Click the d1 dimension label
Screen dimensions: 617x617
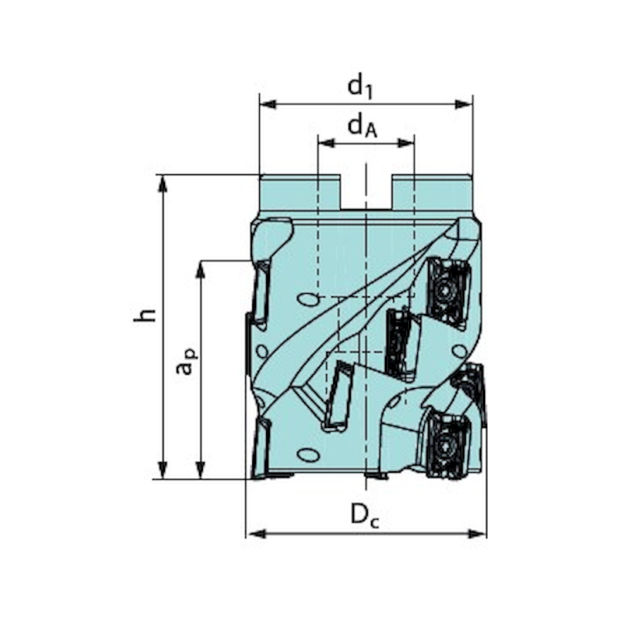pos(360,86)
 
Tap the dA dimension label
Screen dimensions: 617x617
pos(362,126)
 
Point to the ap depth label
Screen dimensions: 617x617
pos(185,362)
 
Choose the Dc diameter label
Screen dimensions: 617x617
pos(365,515)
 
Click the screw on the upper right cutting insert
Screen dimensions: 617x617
pos(446,292)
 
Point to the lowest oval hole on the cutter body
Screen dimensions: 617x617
pos(308,454)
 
